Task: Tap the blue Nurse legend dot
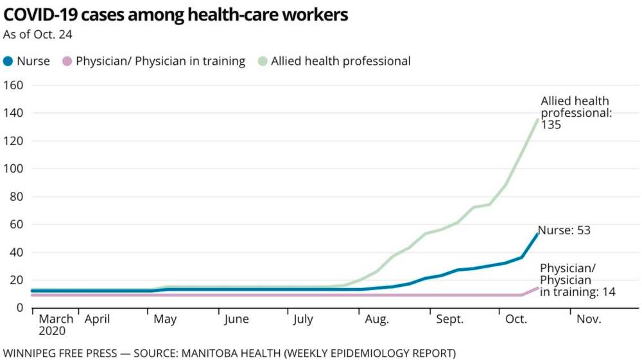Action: [x=8, y=62]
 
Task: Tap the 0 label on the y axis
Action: [x=20, y=308]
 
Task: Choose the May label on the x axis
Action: [x=165, y=320]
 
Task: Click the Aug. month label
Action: [x=377, y=320]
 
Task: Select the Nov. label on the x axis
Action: [x=589, y=320]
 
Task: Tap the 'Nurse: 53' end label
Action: [x=564, y=230]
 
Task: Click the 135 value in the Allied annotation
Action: [x=551, y=125]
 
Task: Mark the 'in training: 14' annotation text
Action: [x=577, y=292]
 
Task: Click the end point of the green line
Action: [x=537, y=119]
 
